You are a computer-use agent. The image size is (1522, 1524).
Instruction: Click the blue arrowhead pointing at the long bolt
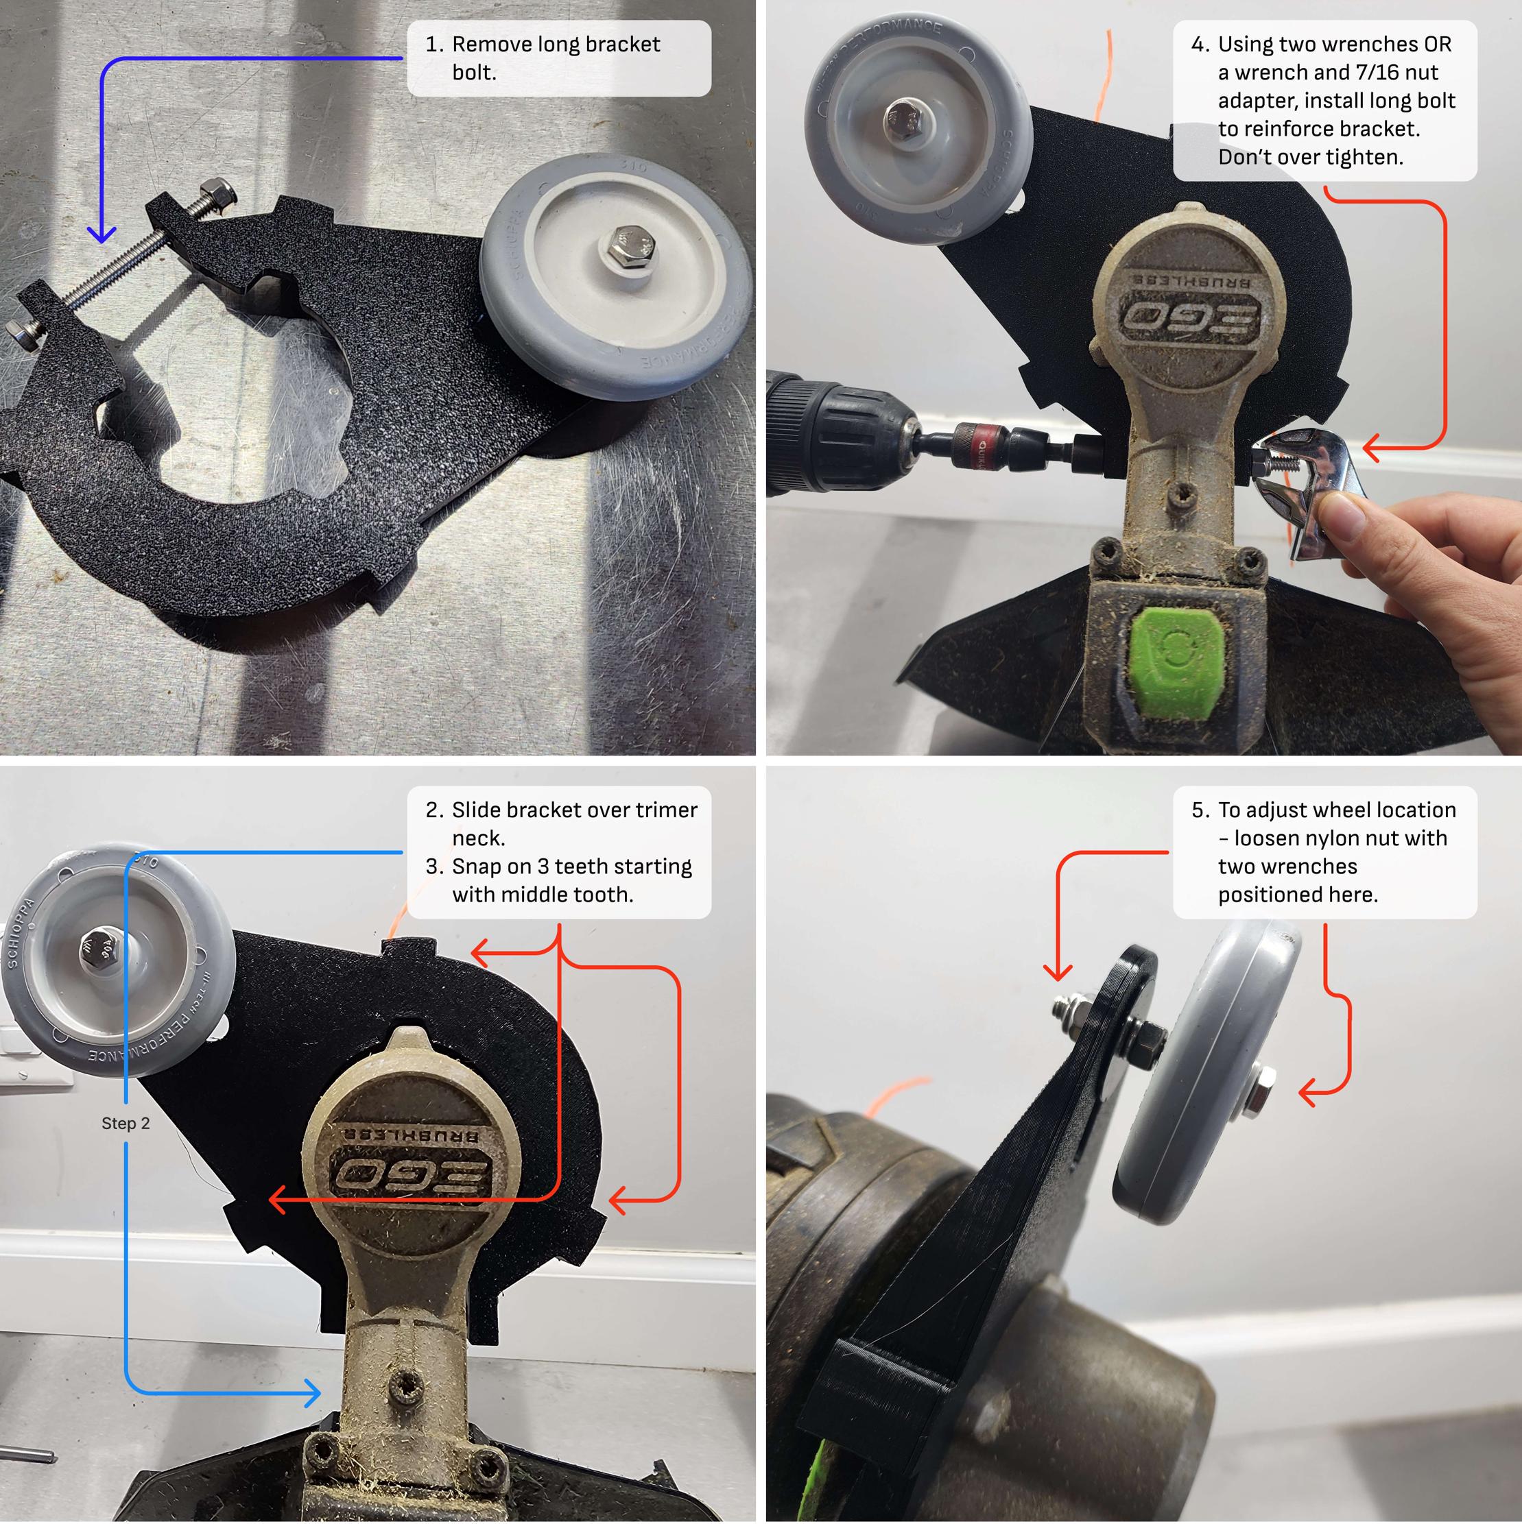tap(102, 234)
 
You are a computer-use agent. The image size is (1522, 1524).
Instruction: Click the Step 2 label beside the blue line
tap(125, 1123)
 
